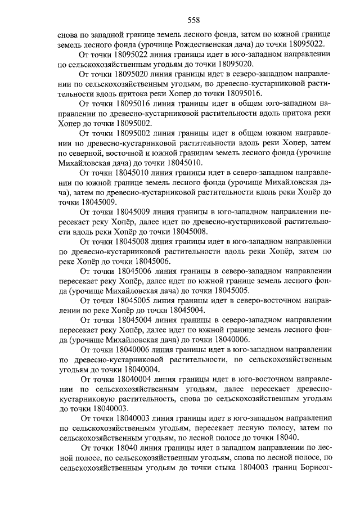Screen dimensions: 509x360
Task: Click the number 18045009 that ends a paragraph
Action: [99, 202]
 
